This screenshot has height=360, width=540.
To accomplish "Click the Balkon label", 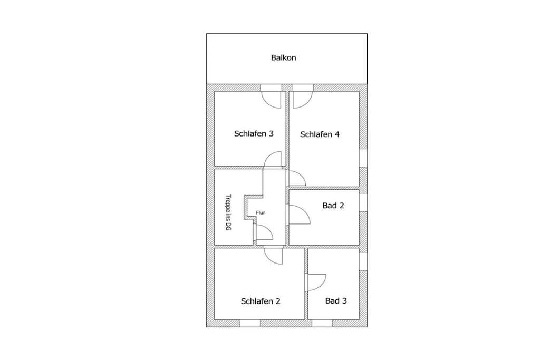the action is [x=283, y=57].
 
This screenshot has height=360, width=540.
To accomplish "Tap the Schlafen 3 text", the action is [x=254, y=133].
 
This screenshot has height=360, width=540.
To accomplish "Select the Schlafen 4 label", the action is [x=320, y=134].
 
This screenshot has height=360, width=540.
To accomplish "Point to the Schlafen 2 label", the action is [x=261, y=301].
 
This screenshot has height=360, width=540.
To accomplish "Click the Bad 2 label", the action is [x=333, y=206].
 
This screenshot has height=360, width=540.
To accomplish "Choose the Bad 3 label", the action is [x=336, y=301].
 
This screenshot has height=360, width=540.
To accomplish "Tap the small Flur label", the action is [x=261, y=213].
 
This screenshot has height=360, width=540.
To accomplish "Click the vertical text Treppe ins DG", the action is [x=228, y=212].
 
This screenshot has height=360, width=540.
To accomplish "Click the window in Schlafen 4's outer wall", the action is [x=363, y=158].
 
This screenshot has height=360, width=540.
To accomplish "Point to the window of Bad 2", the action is [x=363, y=202].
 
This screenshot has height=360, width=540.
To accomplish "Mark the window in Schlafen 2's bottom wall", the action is [x=250, y=323].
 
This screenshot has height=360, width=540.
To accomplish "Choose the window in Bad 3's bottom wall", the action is [x=322, y=323].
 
